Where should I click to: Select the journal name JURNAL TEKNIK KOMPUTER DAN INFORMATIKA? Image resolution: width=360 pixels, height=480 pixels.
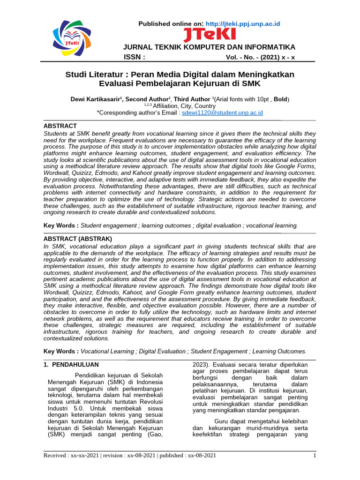[209, 47]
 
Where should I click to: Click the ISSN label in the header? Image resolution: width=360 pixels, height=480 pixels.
[134, 58]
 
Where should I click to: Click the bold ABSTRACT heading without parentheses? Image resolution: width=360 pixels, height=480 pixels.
[60, 126]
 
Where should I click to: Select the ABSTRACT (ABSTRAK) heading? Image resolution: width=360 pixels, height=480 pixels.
[77, 239]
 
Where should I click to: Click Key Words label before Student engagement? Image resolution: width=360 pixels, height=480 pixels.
[61, 225]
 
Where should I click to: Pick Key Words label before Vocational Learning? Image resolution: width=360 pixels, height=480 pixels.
[61, 351]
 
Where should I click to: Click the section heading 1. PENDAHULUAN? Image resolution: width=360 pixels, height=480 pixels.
[71, 364]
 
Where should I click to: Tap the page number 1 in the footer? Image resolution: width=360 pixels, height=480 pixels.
[315, 455]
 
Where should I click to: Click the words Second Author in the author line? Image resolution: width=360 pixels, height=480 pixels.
[147, 99]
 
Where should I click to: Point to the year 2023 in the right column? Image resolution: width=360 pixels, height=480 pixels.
[200, 364]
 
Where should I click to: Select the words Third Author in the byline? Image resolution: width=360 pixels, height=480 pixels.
[192, 99]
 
